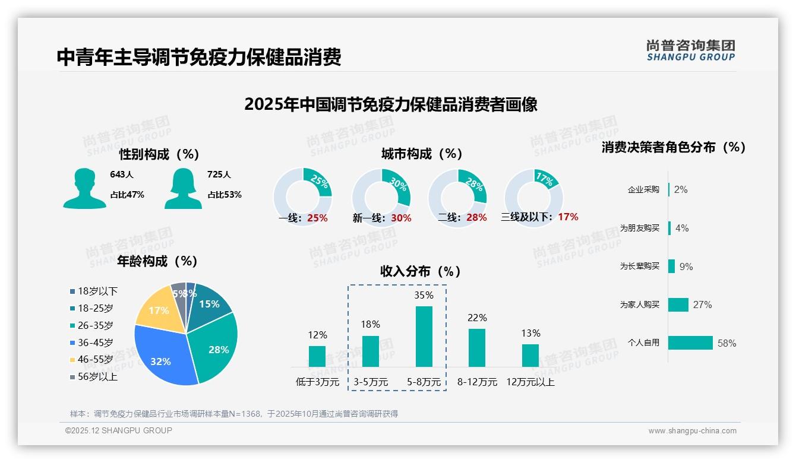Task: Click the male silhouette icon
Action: pyautogui.click(x=84, y=188)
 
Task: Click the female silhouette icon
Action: pyautogui.click(x=183, y=188)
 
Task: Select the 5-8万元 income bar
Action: pyautogui.click(x=424, y=337)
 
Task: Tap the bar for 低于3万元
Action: pyautogui.click(x=317, y=356)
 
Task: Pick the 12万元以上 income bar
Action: pyautogui.click(x=530, y=356)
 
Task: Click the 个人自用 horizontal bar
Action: pyautogui.click(x=690, y=343)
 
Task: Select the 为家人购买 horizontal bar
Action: pyautogui.click(x=678, y=305)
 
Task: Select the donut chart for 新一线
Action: pyautogui.click(x=381, y=198)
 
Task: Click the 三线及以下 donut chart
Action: pyautogui.click(x=533, y=198)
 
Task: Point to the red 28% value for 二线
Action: pyautogui.click(x=476, y=218)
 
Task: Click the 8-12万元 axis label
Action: pyautogui.click(x=477, y=382)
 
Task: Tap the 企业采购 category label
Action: pyautogui.click(x=643, y=190)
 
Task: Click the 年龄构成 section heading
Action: pyautogui.click(x=157, y=261)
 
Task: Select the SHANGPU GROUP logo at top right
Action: pyautogui.click(x=690, y=50)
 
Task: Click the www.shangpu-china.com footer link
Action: pyautogui.click(x=692, y=431)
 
